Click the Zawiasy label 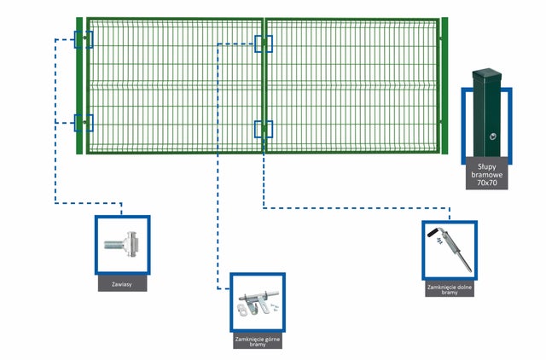point(122,284)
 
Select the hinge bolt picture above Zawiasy point(122,245)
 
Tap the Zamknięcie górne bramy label point(258,341)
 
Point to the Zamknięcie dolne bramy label point(450,290)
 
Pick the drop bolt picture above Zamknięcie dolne point(450,249)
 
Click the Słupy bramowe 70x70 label point(487,174)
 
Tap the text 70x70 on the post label point(487,183)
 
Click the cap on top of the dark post point(487,73)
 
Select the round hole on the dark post point(493,136)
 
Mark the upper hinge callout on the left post point(84,39)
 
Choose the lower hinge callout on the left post point(84,123)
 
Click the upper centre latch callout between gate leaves point(264,44)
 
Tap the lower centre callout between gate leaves point(264,129)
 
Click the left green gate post point(79,85)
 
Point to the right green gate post point(444,85)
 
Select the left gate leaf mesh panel point(175,85)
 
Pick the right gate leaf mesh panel point(352,85)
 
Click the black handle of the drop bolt point(434,232)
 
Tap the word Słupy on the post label point(487,167)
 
